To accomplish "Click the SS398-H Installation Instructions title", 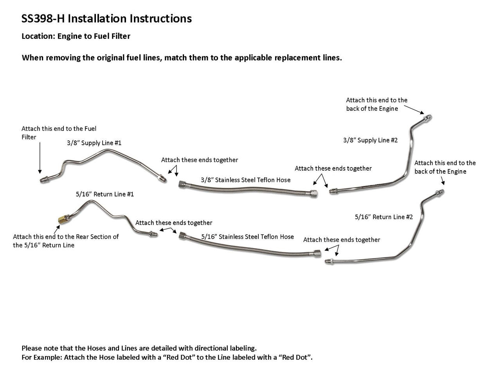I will click(x=106, y=18).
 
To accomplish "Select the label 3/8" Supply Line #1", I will click(x=94, y=143).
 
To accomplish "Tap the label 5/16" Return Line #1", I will click(x=105, y=194).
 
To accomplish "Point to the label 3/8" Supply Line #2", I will click(x=370, y=140).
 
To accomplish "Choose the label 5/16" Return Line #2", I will click(x=384, y=217).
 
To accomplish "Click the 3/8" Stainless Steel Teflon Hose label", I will click(x=245, y=180).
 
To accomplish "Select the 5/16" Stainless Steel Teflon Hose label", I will click(x=247, y=237).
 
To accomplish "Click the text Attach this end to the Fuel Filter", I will click(x=59, y=133).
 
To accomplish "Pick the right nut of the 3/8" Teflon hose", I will click(x=314, y=193).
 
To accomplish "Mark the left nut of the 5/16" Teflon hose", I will click(x=182, y=236).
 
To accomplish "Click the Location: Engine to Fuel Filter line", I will click(x=76, y=36).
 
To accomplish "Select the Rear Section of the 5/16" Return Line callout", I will click(x=66, y=241).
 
